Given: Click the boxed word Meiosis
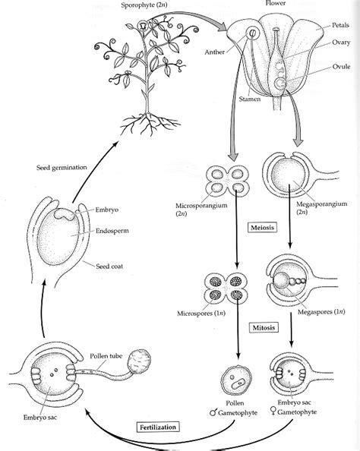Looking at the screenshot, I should [261, 227].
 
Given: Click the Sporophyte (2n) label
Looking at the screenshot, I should [148, 6].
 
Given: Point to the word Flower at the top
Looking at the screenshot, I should [276, 4].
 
